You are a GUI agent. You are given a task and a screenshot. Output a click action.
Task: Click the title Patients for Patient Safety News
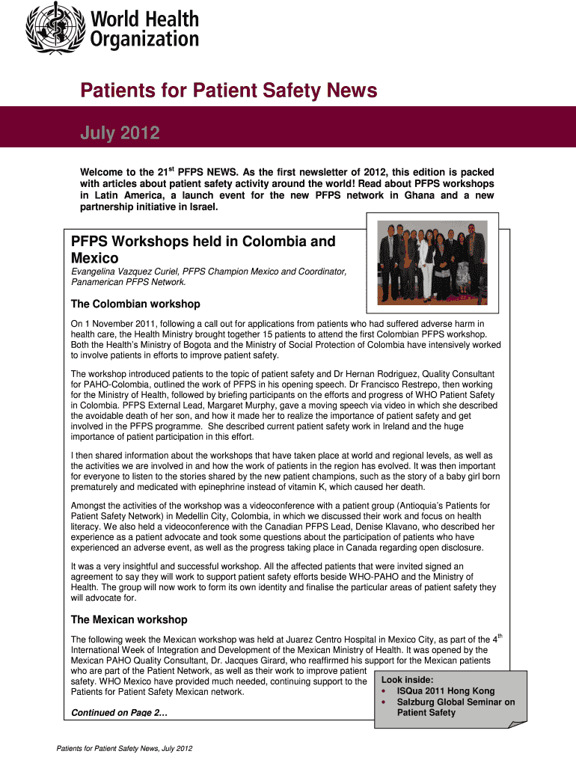[x=229, y=91]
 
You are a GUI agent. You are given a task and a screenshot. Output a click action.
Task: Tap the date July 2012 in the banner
[x=120, y=134]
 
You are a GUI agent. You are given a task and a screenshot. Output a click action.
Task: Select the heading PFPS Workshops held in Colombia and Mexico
[x=203, y=250]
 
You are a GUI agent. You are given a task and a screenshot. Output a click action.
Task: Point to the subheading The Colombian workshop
[x=135, y=304]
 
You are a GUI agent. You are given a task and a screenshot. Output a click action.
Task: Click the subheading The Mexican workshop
[x=129, y=620]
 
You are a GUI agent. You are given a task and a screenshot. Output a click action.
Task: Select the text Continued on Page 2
[x=118, y=713]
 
